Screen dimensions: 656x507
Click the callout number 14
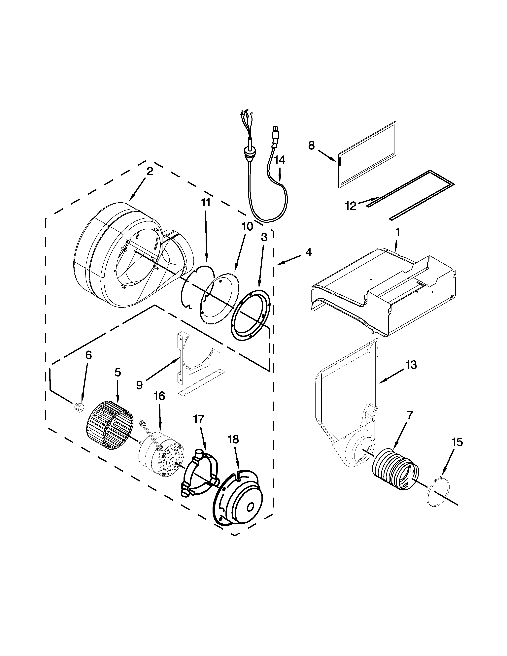click(280, 160)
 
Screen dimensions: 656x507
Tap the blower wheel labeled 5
click(109, 427)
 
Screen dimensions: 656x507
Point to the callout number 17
click(199, 419)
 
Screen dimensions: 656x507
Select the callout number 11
click(206, 203)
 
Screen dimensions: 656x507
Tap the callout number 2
click(150, 171)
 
